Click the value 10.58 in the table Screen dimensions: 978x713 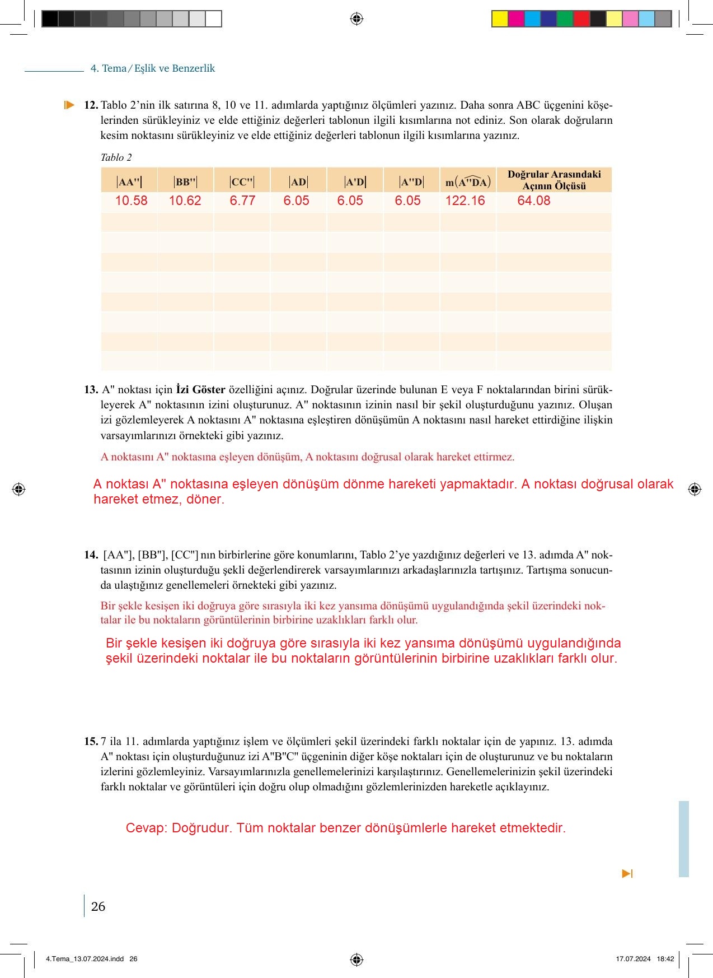(x=131, y=201)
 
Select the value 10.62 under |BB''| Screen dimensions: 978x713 (x=185, y=201)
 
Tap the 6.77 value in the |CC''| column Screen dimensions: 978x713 (x=242, y=201)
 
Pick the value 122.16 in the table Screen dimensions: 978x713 (x=465, y=201)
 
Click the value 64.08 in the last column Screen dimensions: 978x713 (x=533, y=201)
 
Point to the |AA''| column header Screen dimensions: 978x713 (x=129, y=182)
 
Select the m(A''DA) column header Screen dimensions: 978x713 (x=468, y=182)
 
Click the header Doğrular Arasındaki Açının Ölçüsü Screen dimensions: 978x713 (x=554, y=180)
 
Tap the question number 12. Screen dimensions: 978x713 (x=91, y=105)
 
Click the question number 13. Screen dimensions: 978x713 (x=91, y=390)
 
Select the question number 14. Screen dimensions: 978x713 (x=91, y=555)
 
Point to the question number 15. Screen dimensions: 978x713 (x=91, y=742)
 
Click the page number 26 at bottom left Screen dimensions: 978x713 (x=98, y=906)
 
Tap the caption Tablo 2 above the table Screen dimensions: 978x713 (x=116, y=157)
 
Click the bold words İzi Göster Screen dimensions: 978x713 (x=200, y=389)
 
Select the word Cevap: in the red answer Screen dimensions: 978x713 (x=146, y=828)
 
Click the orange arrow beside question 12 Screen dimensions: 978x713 (x=69, y=105)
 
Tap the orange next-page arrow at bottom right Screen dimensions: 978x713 (x=627, y=874)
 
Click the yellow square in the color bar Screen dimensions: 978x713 (x=499, y=19)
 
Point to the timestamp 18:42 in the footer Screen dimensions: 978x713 (x=665, y=959)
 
